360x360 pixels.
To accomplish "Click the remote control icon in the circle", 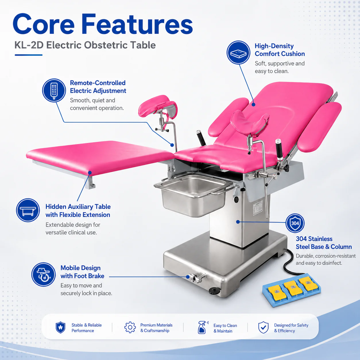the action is (54, 90).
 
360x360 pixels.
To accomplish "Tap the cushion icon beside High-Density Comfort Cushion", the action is (238, 53).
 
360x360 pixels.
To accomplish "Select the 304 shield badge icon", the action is (295, 223).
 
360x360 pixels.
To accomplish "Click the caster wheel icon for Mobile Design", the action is (43, 274).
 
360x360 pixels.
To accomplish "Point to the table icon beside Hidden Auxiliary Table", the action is (28, 210).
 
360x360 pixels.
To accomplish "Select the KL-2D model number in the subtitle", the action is (29, 45).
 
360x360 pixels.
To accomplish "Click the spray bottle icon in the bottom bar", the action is (203, 327).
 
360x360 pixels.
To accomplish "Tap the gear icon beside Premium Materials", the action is (130, 327).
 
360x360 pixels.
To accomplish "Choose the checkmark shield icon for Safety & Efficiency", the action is (263, 327).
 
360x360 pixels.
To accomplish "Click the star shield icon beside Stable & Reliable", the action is (61, 327).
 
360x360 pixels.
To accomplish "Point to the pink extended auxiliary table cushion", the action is (100, 157).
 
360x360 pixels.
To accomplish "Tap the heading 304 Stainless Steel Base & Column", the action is (324, 243).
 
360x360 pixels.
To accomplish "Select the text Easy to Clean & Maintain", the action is (225, 328).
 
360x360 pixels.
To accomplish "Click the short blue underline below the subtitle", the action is (29, 55).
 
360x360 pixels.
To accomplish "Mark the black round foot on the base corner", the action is (214, 291).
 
